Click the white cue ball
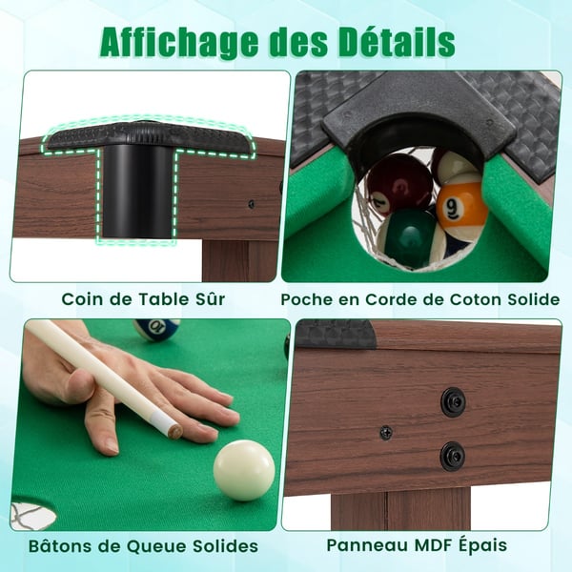tap(244, 470)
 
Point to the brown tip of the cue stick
tap(175, 433)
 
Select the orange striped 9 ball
tap(461, 204)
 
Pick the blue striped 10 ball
tap(156, 328)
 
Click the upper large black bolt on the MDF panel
tap(453, 401)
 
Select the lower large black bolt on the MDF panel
tap(452, 456)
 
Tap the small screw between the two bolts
tap(386, 433)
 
